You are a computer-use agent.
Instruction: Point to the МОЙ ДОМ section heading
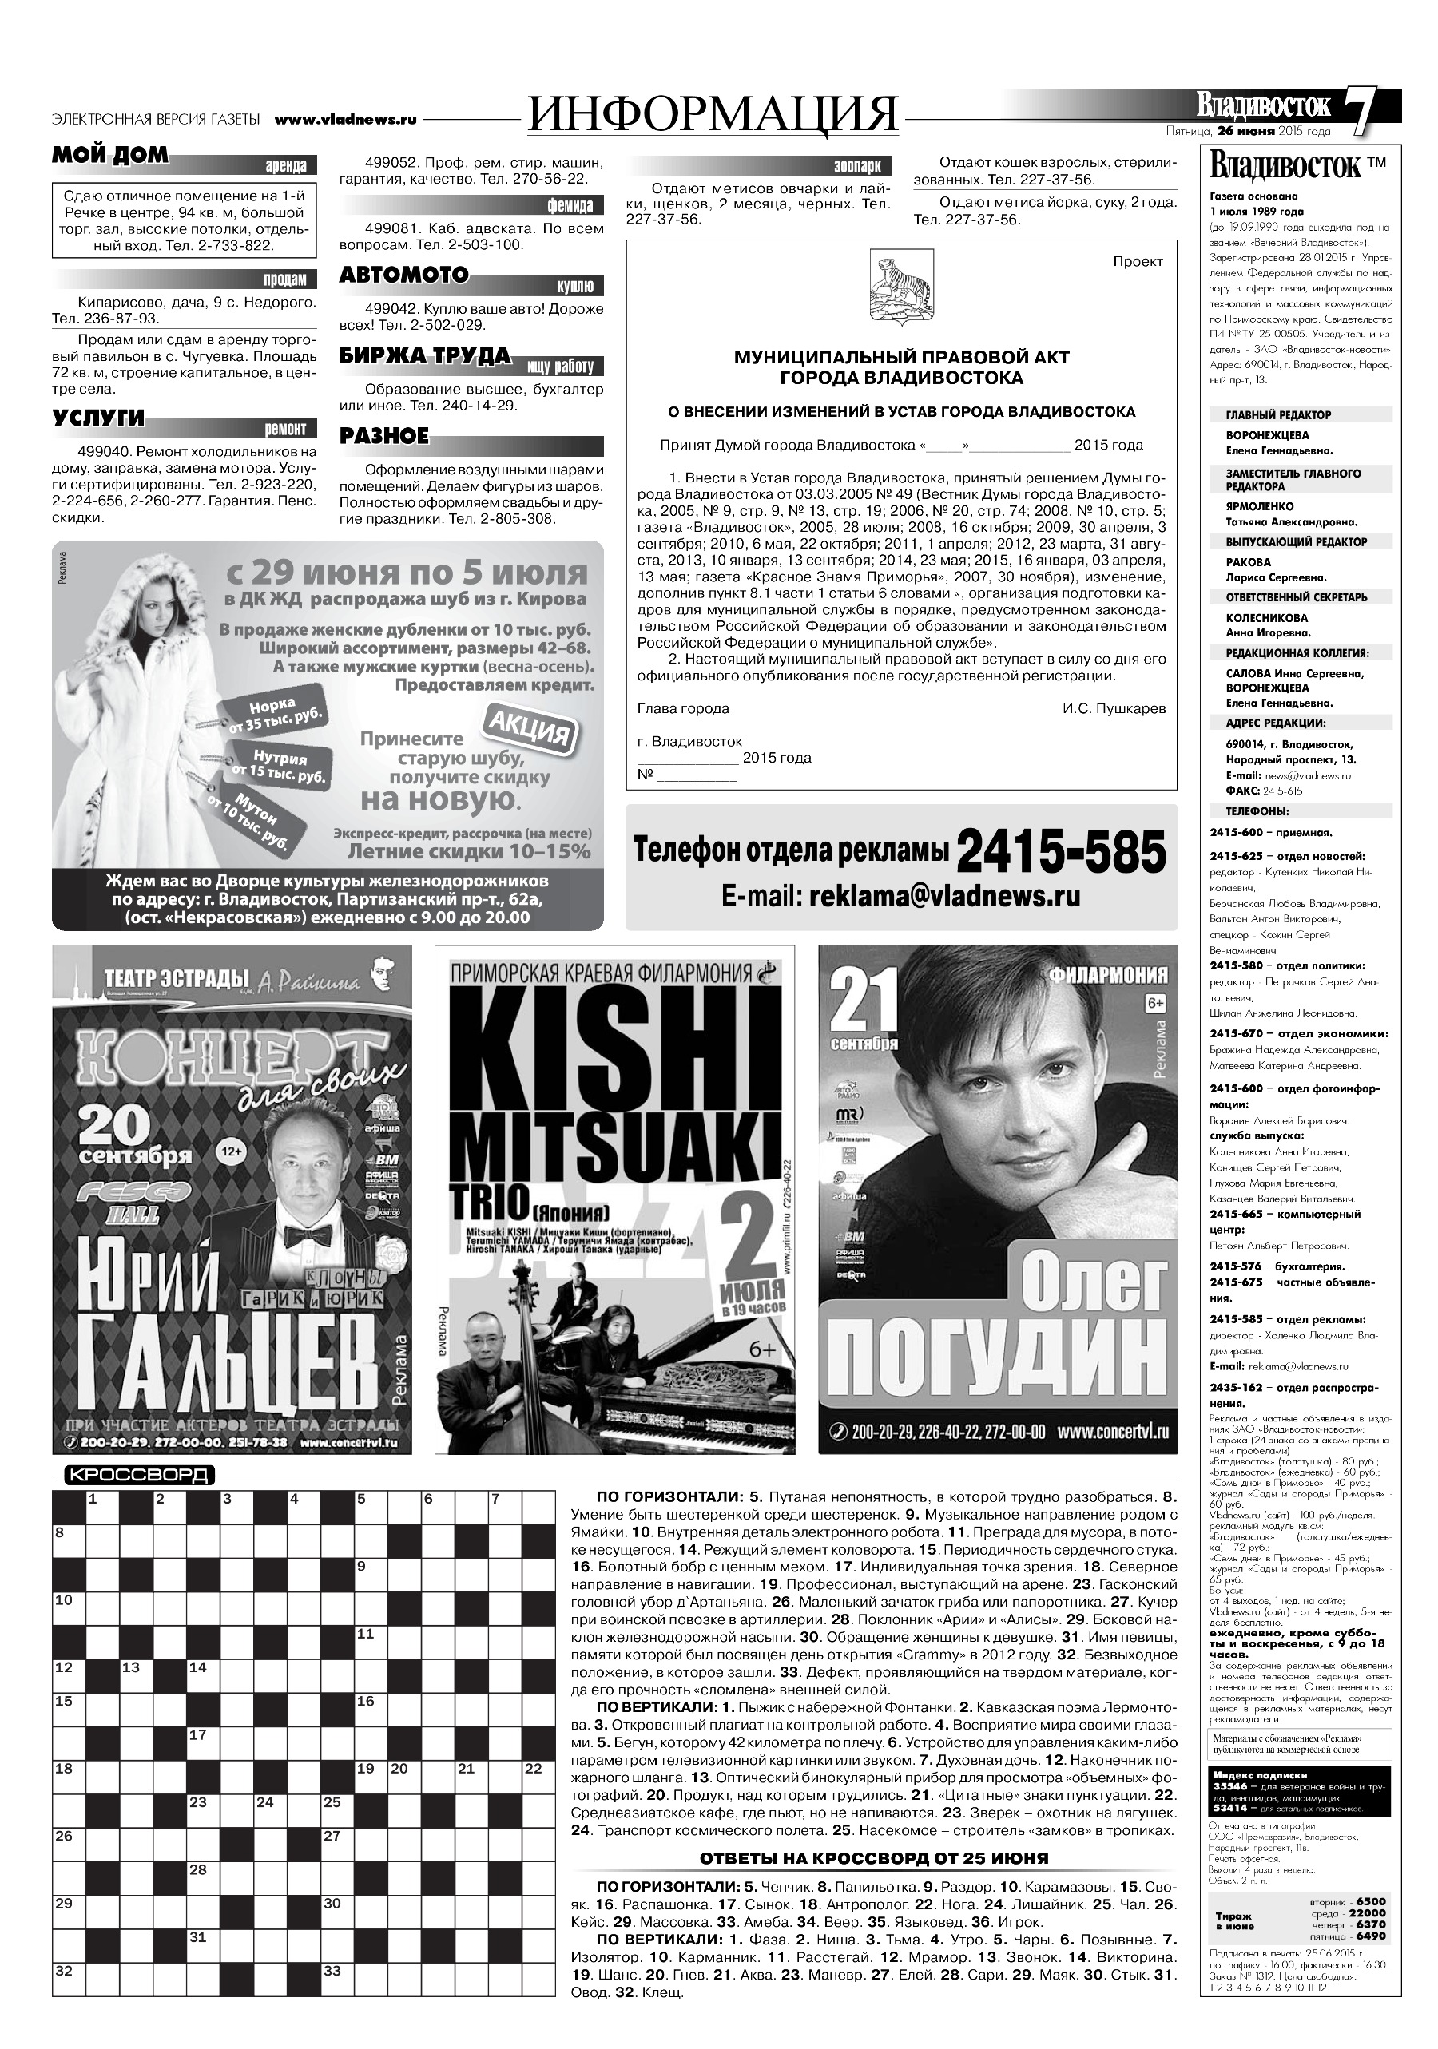click(109, 155)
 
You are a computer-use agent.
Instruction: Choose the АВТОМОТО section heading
click(403, 275)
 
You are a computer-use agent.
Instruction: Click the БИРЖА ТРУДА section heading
click(425, 356)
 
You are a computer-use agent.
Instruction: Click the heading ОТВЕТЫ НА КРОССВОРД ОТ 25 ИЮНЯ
click(874, 1858)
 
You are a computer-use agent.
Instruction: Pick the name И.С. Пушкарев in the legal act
click(1113, 707)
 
